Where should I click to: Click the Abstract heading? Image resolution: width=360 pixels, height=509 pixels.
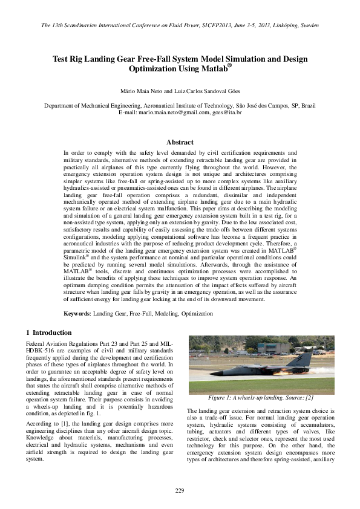pyautogui.click(x=180, y=142)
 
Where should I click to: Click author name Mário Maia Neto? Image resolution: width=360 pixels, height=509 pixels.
pyautogui.click(x=143, y=91)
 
